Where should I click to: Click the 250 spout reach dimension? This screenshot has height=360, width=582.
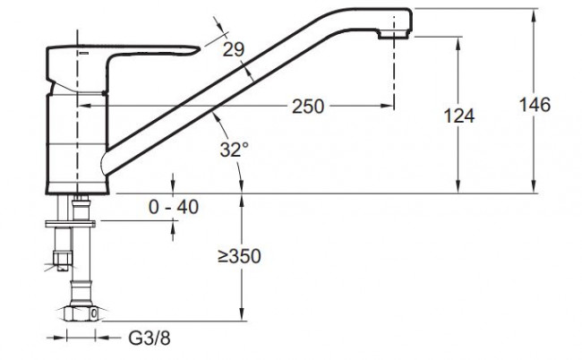pyautogui.click(x=308, y=107)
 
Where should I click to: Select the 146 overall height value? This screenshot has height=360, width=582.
pyautogui.click(x=535, y=105)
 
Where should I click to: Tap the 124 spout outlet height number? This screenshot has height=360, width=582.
pyautogui.click(x=459, y=116)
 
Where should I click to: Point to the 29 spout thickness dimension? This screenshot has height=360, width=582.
pyautogui.click(x=233, y=49)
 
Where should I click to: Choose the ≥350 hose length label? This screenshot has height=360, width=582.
pyautogui.click(x=239, y=256)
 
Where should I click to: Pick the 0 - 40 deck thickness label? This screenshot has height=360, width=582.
pyautogui.click(x=174, y=207)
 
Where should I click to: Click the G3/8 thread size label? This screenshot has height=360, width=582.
pyautogui.click(x=150, y=339)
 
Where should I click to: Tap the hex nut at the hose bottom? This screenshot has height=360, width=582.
pyautogui.click(x=81, y=313)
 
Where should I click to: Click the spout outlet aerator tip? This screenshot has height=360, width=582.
pyautogui.click(x=393, y=35)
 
